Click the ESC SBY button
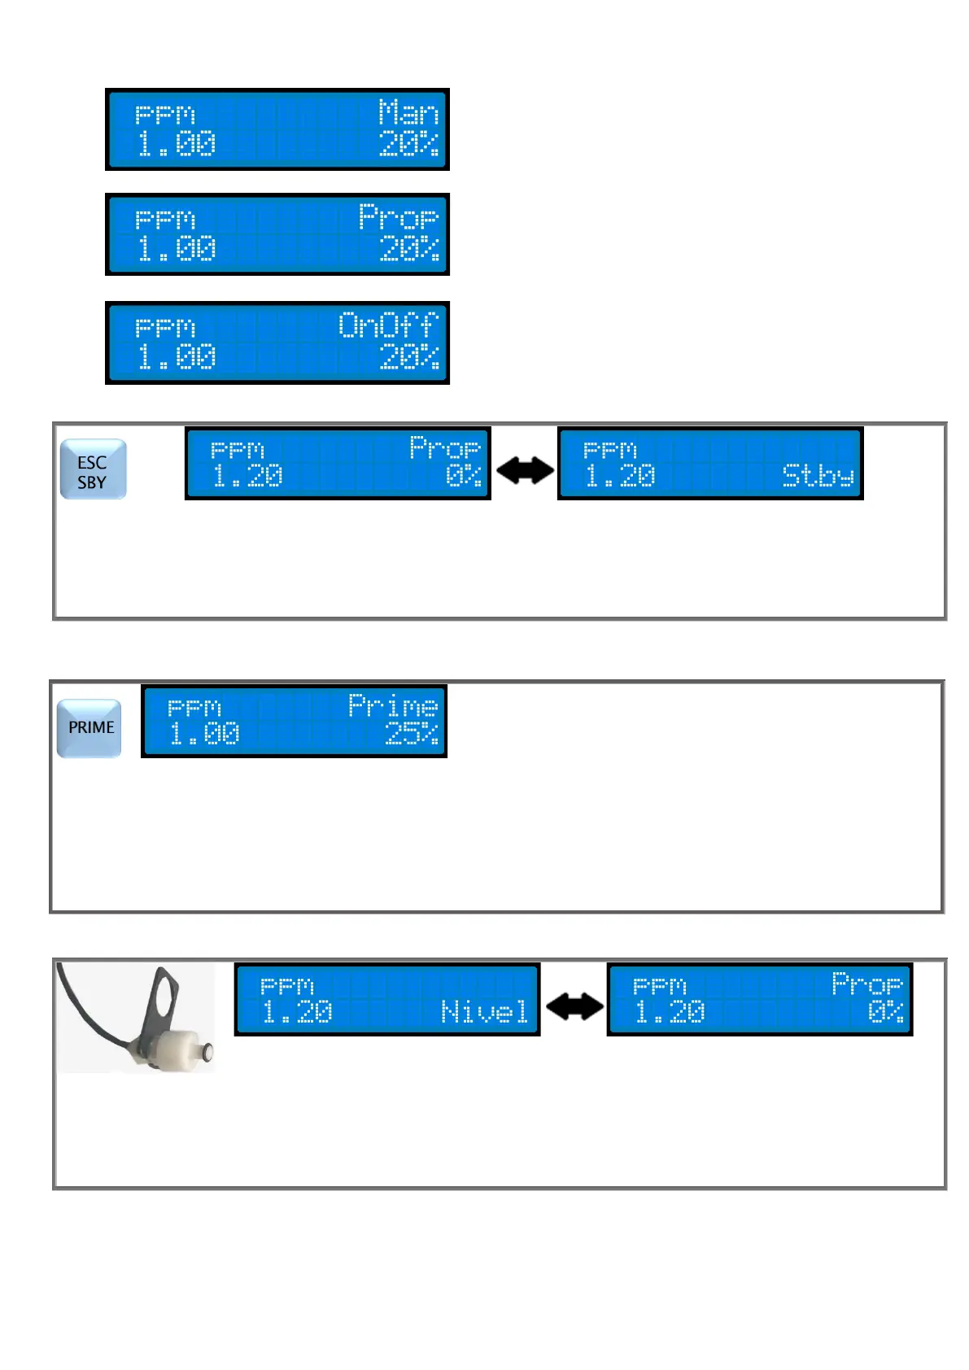coord(93,469)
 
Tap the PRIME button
coord(89,727)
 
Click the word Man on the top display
coord(408,112)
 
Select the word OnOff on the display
coord(388,325)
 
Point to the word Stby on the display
coord(818,476)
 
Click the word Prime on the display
coord(393,705)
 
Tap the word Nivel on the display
coord(484,1012)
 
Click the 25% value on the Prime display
coord(412,734)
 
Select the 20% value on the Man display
coord(408,144)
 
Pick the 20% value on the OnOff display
coord(409,357)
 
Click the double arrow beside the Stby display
coord(525,470)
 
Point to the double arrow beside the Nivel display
coord(574,1007)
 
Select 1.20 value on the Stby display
coord(620,476)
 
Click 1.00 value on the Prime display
coord(204,734)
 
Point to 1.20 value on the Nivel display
coord(297,1012)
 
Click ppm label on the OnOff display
coord(165,328)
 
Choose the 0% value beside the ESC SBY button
coord(463,476)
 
